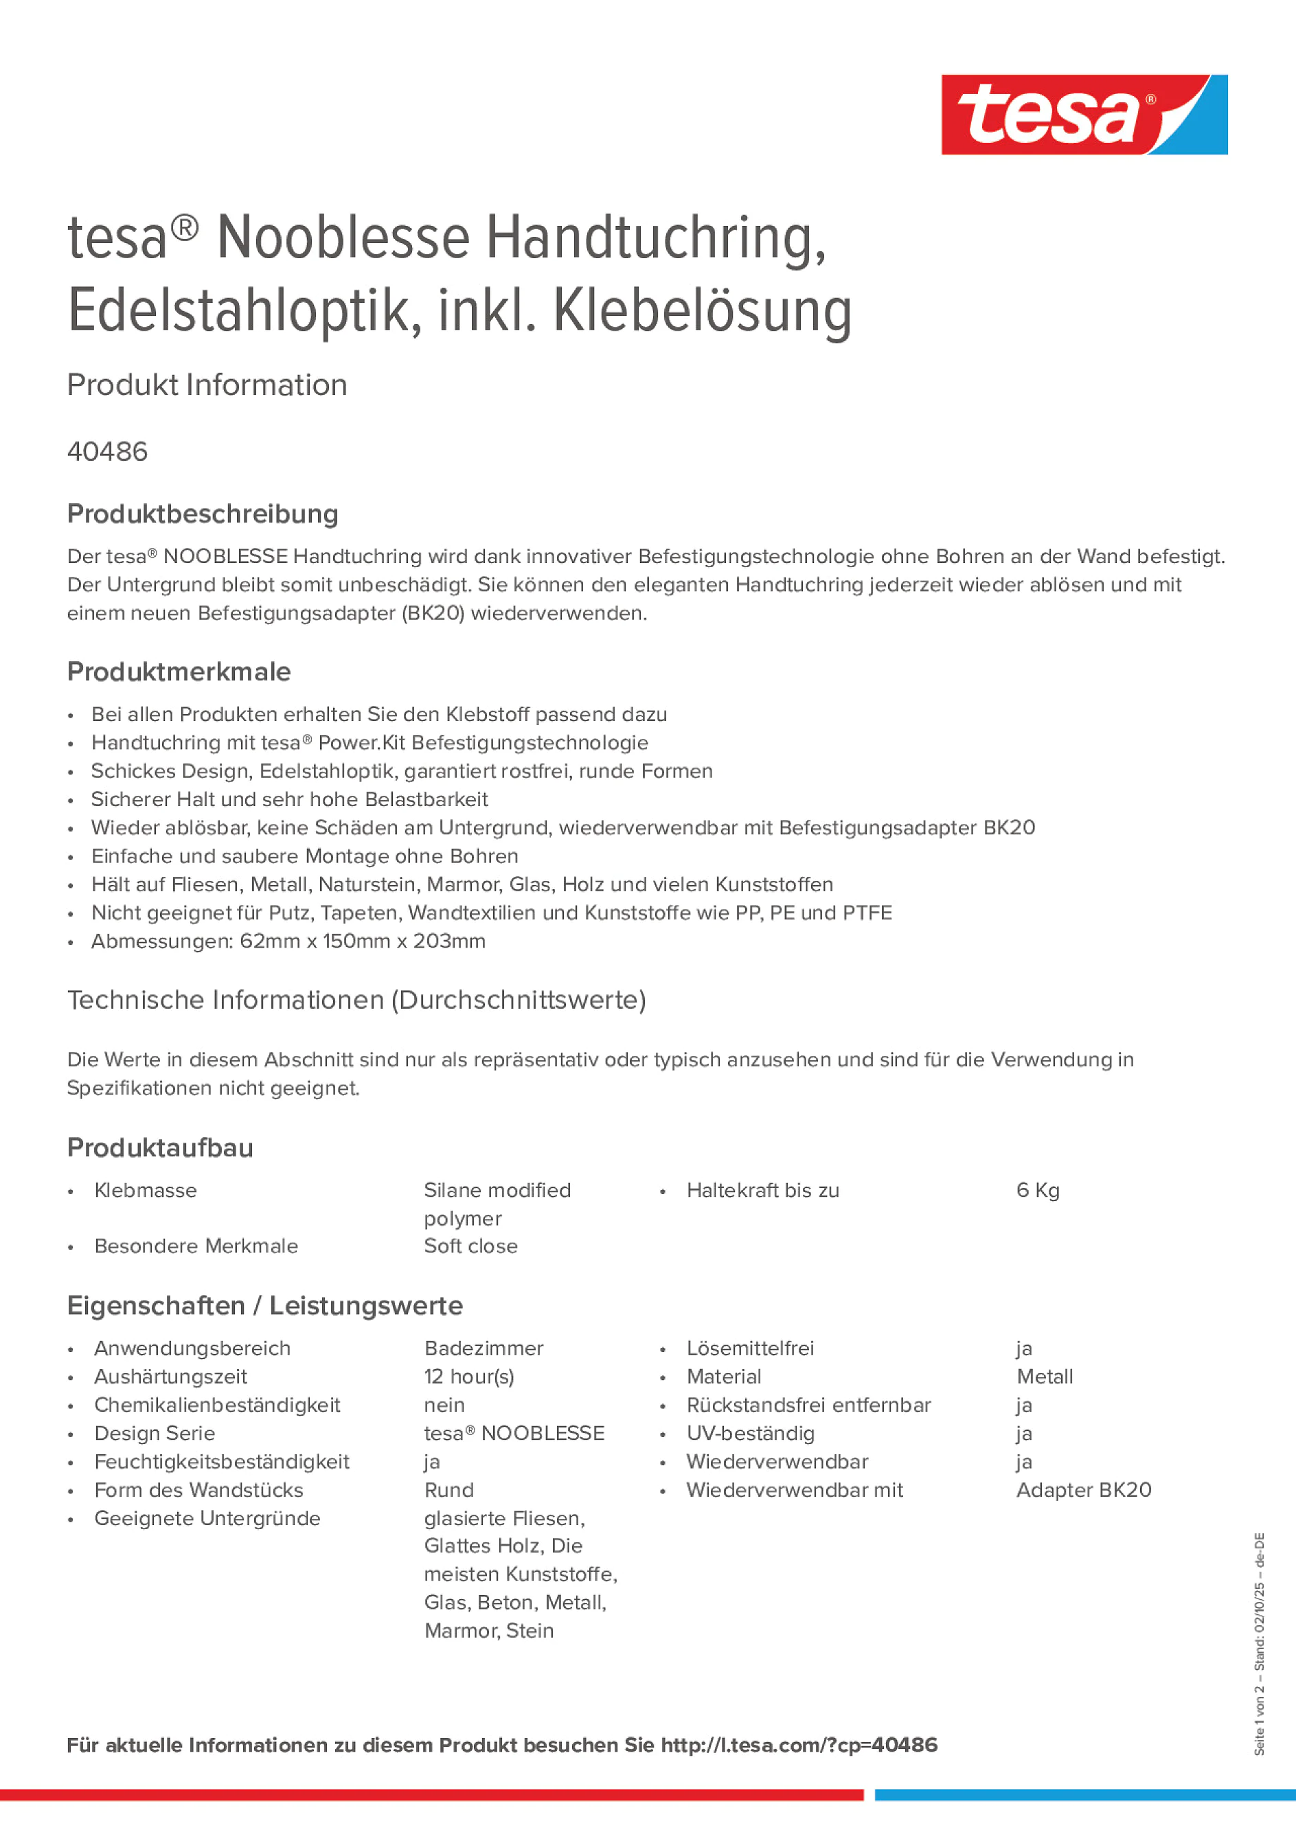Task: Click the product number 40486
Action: pos(107,452)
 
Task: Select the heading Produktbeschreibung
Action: pos(202,514)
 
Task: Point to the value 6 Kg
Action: pos(1037,1190)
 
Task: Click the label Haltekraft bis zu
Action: pos(762,1190)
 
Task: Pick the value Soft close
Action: pos(470,1246)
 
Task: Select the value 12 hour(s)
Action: pos(469,1376)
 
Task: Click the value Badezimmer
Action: pos(484,1349)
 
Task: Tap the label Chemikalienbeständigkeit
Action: pos(216,1405)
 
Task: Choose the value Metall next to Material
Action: pos(1045,1376)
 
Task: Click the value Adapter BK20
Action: pos(1084,1490)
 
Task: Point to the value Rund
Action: pos(448,1490)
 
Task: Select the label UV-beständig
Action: pos(750,1433)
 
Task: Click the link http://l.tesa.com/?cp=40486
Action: pos(798,1745)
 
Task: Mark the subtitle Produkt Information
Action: pos(207,385)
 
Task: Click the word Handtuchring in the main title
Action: pos(655,238)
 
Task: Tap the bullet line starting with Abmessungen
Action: pos(288,941)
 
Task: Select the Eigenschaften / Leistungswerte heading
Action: pos(264,1306)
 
